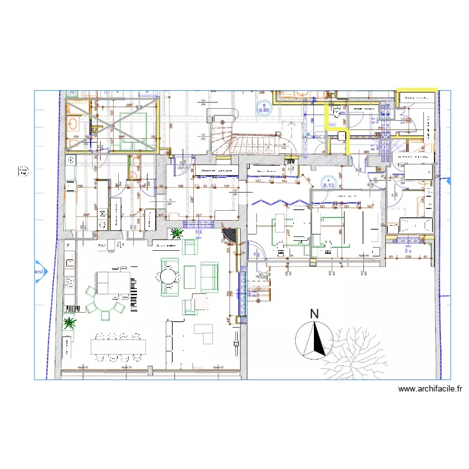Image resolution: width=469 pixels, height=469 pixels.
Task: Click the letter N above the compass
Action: [x=315, y=314]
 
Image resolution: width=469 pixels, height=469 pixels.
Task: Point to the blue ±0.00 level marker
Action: [x=264, y=110]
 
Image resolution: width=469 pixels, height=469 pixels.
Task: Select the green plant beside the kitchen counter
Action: [x=69, y=323]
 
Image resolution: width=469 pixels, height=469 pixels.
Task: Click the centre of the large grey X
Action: [x=111, y=124]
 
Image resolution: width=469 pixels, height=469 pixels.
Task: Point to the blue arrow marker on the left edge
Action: [x=41, y=271]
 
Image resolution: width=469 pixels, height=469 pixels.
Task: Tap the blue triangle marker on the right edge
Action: [x=448, y=181]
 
